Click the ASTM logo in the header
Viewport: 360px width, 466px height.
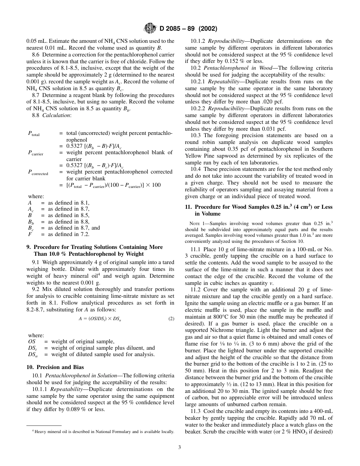pos(149,28)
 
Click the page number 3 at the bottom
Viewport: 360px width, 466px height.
pos(180,447)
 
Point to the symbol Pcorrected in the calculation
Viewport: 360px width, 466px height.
pos(38,172)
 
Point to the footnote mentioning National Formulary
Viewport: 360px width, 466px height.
pos(103,432)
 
